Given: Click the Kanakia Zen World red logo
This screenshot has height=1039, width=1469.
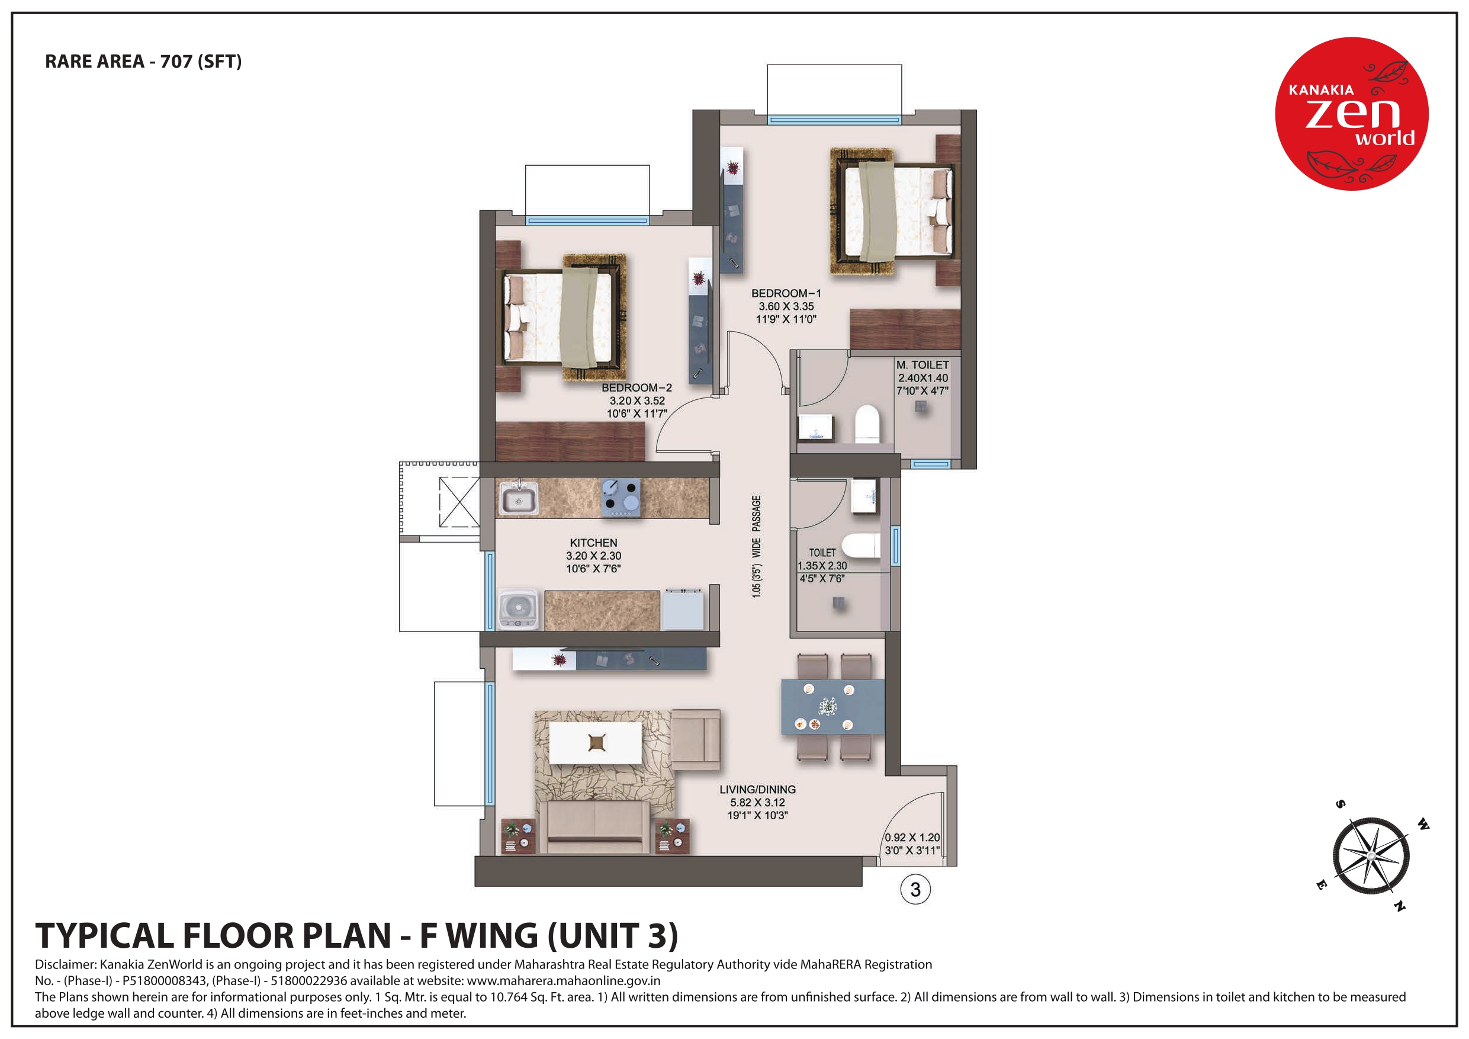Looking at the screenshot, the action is (1351, 113).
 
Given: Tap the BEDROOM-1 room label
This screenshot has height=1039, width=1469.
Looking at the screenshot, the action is (786, 293).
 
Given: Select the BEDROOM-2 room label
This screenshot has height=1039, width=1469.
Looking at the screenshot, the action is (637, 388).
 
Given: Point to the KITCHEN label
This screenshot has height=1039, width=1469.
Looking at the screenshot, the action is (593, 543).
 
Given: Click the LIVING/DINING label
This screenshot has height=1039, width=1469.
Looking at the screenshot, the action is (757, 790).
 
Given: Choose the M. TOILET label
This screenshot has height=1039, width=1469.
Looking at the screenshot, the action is (922, 365).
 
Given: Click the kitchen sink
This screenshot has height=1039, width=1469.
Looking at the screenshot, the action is (518, 498).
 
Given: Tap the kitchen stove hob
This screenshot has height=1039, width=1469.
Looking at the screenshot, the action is (621, 498).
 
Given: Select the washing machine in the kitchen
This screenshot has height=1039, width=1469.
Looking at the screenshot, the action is (518, 609).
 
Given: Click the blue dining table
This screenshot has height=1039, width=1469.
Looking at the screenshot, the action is (832, 707).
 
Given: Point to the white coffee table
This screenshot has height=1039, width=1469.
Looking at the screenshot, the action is (596, 743).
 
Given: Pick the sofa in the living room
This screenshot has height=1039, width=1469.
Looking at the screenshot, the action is (594, 826).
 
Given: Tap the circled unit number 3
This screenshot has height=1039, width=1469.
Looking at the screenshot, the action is (915, 889).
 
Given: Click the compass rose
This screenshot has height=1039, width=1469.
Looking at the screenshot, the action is (1371, 855).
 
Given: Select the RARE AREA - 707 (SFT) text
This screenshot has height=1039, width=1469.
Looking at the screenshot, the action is (143, 62).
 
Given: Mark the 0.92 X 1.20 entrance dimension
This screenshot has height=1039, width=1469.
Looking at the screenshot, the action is (912, 838).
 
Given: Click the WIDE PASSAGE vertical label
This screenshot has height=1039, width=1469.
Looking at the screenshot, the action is (756, 525).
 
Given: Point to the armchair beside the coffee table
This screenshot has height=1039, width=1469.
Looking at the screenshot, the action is (696, 739).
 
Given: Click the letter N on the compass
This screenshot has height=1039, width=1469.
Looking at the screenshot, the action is (1400, 906).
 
